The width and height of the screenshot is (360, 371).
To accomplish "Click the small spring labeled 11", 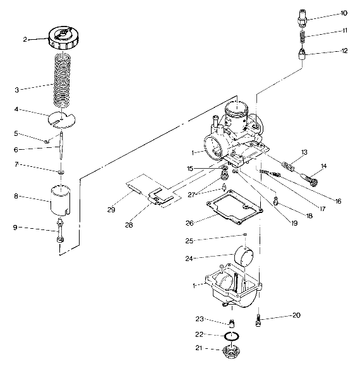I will coord(302,36).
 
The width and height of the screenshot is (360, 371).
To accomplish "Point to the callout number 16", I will coord(338,201).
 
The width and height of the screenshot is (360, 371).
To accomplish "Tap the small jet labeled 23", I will coord(232,323).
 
